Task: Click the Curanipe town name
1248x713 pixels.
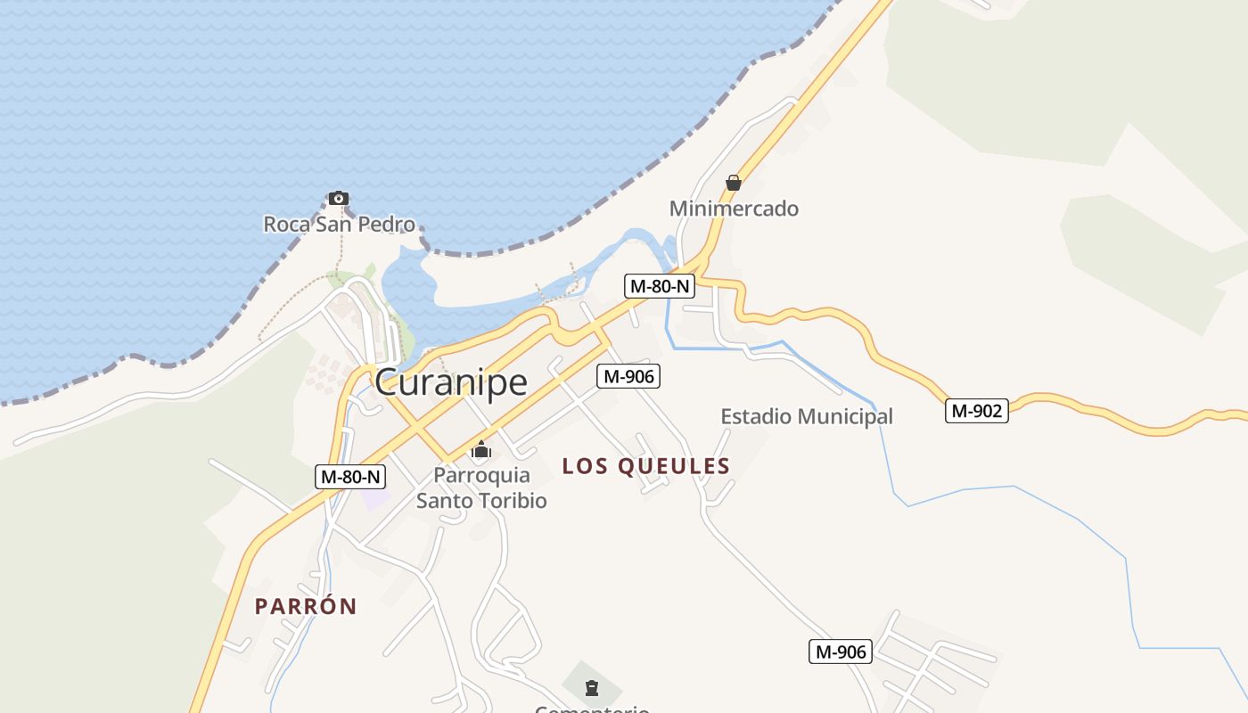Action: click(450, 382)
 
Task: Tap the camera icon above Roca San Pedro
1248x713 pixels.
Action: click(338, 198)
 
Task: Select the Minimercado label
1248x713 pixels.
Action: click(734, 209)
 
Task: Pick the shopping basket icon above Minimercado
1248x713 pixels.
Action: click(734, 183)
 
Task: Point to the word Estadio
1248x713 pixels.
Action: click(756, 416)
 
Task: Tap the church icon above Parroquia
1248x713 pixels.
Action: click(481, 449)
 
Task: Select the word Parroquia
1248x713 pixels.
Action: click(481, 475)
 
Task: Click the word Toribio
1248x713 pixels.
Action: click(513, 500)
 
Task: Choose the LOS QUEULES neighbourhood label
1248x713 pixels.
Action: click(645, 465)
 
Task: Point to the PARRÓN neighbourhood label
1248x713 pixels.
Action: click(306, 606)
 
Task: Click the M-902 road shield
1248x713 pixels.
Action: click(977, 411)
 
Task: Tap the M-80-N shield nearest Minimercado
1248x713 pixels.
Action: click(659, 286)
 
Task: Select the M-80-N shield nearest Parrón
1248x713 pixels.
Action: click(350, 477)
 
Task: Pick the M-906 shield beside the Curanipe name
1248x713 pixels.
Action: click(628, 376)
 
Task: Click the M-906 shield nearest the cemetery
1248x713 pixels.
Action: click(840, 652)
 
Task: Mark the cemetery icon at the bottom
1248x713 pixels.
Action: click(591, 687)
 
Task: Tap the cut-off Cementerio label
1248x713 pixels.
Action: click(591, 709)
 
